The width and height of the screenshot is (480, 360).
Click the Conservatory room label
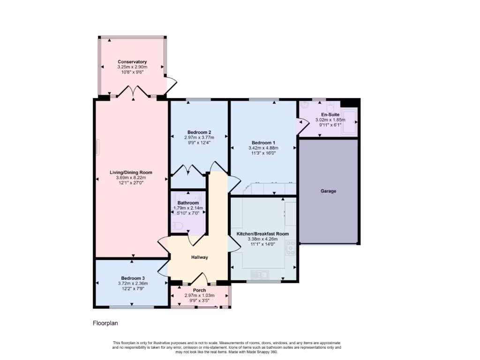click(x=132, y=62)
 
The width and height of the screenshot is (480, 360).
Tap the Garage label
click(x=328, y=191)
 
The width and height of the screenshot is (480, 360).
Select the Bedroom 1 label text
click(x=263, y=143)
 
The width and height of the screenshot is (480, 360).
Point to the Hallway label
click(x=199, y=257)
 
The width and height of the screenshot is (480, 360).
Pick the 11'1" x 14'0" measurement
click(x=262, y=244)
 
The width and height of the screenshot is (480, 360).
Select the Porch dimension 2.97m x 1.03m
click(x=199, y=295)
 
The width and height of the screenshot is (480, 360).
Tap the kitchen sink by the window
click(x=259, y=274)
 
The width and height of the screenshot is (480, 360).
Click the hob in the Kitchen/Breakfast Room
click(x=291, y=247)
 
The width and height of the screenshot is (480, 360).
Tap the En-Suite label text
click(x=330, y=114)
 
